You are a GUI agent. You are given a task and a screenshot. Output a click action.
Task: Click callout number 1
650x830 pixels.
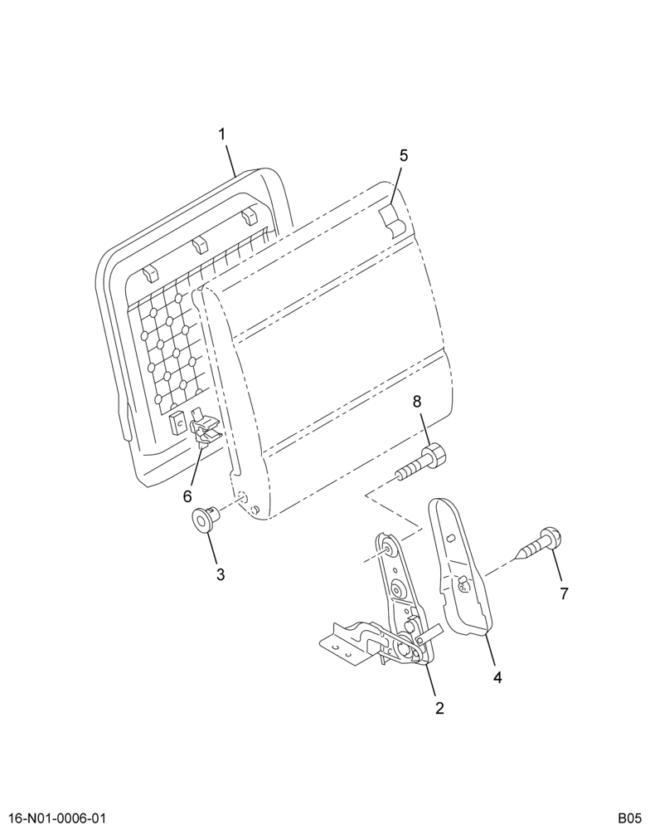[x=223, y=134]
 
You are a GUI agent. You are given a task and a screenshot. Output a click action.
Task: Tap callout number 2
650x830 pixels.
[x=439, y=708]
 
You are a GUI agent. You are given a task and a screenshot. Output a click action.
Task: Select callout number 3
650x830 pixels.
[x=220, y=574]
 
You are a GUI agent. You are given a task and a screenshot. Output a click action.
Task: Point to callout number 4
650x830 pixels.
[x=497, y=677]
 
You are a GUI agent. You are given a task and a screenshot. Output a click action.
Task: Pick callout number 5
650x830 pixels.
[x=404, y=156]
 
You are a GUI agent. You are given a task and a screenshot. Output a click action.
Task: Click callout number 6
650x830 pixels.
[x=187, y=496]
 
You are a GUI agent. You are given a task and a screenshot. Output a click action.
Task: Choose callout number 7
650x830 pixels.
[x=564, y=594]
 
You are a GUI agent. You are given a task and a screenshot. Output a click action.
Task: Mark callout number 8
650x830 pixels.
[x=417, y=402]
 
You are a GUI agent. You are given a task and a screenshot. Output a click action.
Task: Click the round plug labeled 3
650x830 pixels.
[x=206, y=518]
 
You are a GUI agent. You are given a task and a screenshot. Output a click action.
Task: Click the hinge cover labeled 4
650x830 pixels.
[x=460, y=566]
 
